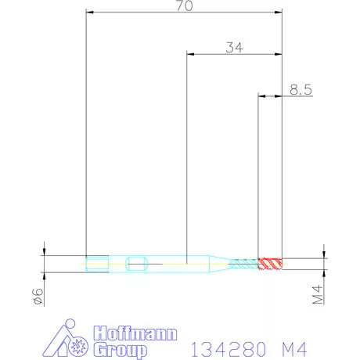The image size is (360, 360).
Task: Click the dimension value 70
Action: [x=185, y=5]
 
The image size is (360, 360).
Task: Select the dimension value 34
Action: [x=233, y=47]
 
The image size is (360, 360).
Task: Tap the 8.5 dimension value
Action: [x=301, y=90]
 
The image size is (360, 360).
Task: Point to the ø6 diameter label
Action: [x=34, y=295]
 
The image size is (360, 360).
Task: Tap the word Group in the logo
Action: [x=120, y=348]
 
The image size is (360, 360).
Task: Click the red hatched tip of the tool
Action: [x=271, y=263]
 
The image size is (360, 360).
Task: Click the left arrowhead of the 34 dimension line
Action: [x=190, y=55]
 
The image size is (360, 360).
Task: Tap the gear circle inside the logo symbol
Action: [x=77, y=346]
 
